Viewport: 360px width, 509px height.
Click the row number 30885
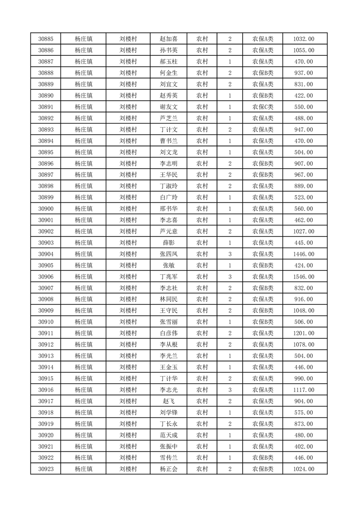tap(46, 39)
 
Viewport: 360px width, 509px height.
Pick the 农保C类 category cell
tap(262, 107)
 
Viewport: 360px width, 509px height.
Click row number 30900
tap(46, 209)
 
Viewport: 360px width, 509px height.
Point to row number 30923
tap(46, 469)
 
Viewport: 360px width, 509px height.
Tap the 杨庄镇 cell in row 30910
tap(84, 322)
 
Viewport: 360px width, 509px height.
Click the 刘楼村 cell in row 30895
tap(128, 152)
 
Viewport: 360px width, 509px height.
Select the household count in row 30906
tap(230, 277)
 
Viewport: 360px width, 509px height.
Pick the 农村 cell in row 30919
tap(202, 424)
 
